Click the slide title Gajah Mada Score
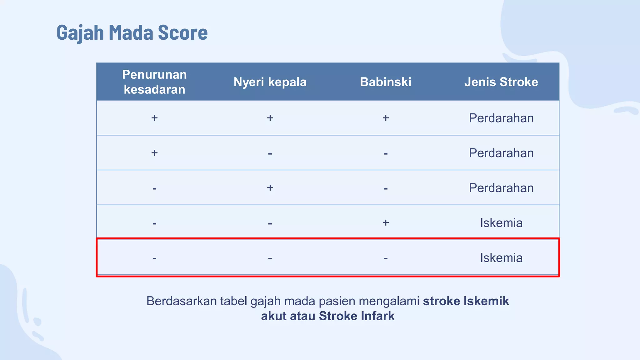pyautogui.click(x=132, y=32)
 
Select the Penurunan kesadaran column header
pyautogui.click(x=154, y=82)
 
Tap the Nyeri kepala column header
pyautogui.click(x=270, y=82)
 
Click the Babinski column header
pyautogui.click(x=386, y=82)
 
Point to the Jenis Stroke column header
pyautogui.click(x=501, y=82)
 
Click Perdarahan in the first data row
pyautogui.click(x=501, y=118)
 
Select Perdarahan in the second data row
pyautogui.click(x=501, y=153)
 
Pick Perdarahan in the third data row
pyautogui.click(x=501, y=188)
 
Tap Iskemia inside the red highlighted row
pyautogui.click(x=501, y=258)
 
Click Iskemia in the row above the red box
pyautogui.click(x=501, y=223)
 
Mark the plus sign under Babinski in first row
pyautogui.click(x=386, y=118)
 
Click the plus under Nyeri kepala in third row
pyautogui.click(x=270, y=188)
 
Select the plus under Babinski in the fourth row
pyautogui.click(x=386, y=222)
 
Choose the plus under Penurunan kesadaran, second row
pyautogui.click(x=154, y=153)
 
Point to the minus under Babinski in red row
pyautogui.click(x=386, y=258)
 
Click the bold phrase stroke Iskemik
pyautogui.click(x=466, y=301)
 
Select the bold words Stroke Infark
pyautogui.click(x=357, y=316)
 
